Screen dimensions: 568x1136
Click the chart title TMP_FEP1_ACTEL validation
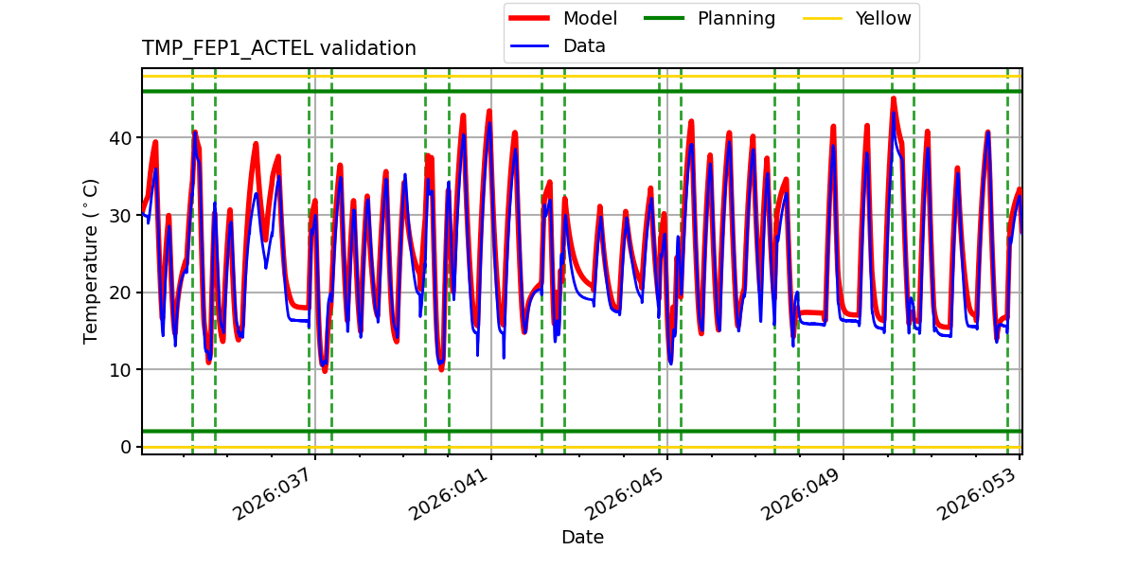tap(278, 48)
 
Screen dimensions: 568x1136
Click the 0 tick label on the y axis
tap(127, 447)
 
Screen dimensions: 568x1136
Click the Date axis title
tap(582, 538)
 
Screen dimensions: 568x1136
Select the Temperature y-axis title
tap(91, 260)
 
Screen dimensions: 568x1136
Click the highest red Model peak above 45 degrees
tap(893, 98)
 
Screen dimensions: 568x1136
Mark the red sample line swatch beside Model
tap(530, 19)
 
